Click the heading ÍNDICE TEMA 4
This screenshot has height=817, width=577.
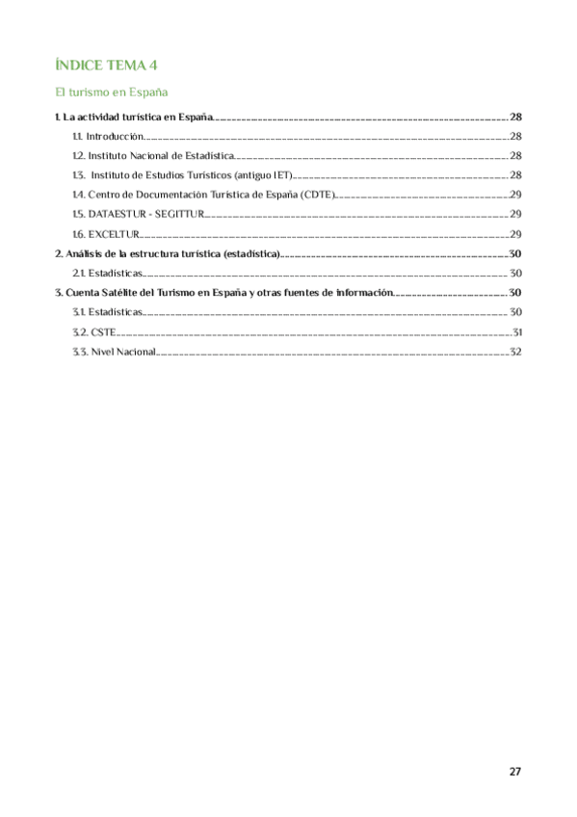coord(105,65)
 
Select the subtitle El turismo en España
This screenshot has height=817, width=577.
coord(112,92)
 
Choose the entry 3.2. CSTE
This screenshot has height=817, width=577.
coord(94,332)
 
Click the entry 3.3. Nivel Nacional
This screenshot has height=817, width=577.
coord(114,352)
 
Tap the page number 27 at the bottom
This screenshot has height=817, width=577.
coord(514,771)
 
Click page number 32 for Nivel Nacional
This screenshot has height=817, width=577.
coord(515,352)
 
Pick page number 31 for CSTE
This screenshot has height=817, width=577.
coord(516,332)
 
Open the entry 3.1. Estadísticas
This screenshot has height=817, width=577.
coord(107,312)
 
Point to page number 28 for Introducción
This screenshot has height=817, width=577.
coord(515,137)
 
